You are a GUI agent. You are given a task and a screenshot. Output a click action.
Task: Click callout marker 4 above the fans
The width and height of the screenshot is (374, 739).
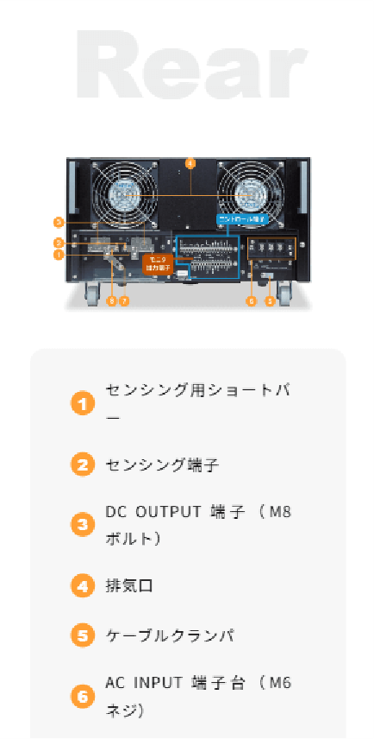190,161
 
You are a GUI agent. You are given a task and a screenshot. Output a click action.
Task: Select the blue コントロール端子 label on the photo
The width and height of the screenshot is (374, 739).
242,220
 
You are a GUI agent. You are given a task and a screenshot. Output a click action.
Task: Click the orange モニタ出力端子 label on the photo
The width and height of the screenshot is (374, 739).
159,264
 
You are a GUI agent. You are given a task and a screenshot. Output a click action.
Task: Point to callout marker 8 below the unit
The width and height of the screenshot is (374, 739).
111,301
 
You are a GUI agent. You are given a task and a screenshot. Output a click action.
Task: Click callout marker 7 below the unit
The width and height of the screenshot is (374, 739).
124,301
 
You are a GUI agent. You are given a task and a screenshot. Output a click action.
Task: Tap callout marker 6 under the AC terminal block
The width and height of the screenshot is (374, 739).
252,301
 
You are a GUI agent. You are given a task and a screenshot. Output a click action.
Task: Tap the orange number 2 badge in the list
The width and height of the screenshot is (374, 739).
82,464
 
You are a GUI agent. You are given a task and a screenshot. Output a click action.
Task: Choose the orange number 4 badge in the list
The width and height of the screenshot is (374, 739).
82,585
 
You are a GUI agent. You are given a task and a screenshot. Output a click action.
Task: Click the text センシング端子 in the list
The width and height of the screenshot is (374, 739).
162,465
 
